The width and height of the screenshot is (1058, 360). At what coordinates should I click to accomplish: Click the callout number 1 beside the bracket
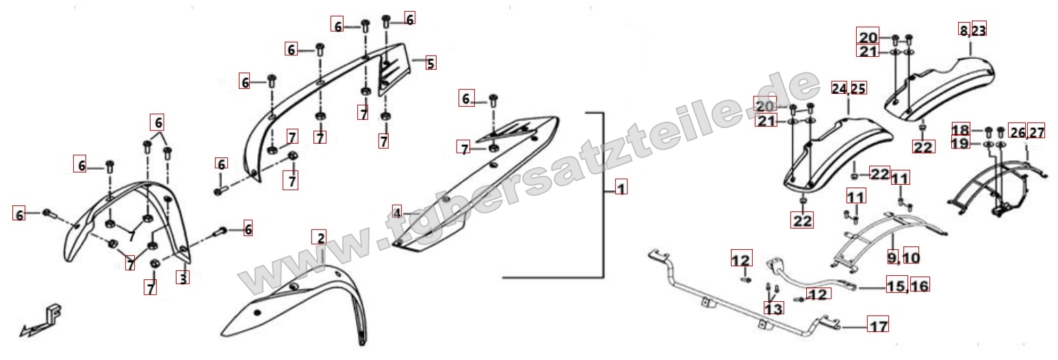[x=621, y=188]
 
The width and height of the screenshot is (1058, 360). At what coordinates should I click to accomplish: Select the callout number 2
[x=321, y=237]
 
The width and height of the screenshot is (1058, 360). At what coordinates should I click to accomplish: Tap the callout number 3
[x=183, y=279]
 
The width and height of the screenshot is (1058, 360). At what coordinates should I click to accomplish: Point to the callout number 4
[x=397, y=213]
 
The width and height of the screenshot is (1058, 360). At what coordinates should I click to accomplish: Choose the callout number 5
[x=430, y=63]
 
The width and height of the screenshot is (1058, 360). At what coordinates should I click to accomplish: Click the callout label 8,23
[x=972, y=30]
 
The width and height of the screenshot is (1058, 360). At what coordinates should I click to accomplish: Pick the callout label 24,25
[x=849, y=88]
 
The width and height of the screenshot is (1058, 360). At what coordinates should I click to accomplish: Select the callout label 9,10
[x=903, y=257]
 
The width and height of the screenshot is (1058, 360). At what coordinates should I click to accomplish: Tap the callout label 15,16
[x=907, y=285]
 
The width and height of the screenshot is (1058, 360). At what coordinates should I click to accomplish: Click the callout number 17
[x=878, y=326]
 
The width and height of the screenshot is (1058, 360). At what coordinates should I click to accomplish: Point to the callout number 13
[x=773, y=309]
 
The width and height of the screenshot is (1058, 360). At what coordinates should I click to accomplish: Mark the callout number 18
[x=960, y=130]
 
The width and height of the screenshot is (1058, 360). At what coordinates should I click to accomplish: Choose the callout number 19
[x=960, y=142]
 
